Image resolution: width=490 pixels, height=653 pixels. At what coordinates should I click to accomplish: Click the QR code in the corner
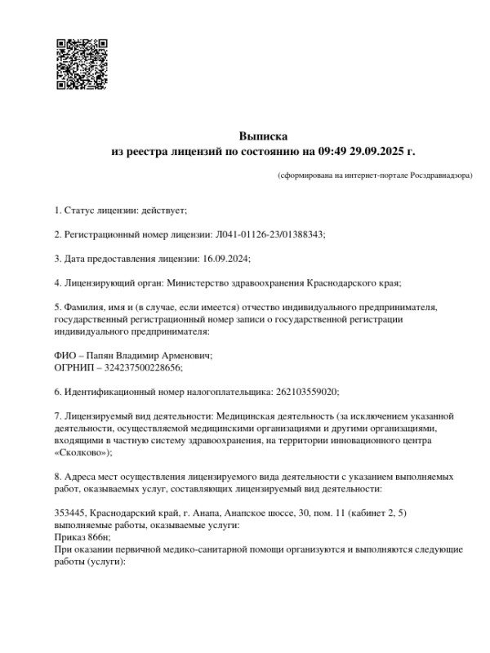82,62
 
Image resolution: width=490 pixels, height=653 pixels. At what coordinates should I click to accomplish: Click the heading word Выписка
263,135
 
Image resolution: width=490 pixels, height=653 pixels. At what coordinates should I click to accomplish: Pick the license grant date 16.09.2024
225,259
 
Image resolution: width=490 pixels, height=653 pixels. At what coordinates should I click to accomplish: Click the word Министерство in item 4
198,283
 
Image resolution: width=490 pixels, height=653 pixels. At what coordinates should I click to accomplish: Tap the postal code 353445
69,513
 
